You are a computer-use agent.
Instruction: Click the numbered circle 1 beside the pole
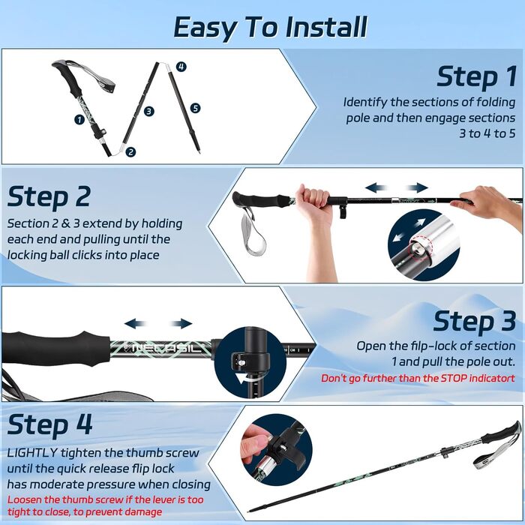[79, 119]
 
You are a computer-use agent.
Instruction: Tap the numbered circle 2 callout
[130, 151]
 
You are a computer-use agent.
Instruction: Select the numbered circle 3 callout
[149, 111]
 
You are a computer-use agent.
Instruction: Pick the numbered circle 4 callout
[181, 66]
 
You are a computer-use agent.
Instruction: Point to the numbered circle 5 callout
[195, 108]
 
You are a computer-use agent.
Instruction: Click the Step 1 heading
[476, 76]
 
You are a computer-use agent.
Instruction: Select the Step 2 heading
[49, 196]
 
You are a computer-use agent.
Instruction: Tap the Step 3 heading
[474, 321]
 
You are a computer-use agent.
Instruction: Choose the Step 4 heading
[49, 424]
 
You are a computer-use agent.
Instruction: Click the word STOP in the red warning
[454, 378]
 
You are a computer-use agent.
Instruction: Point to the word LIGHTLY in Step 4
[32, 453]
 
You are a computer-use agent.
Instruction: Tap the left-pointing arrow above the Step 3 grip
[136, 323]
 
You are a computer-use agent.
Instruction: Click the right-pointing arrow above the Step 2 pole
[417, 187]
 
